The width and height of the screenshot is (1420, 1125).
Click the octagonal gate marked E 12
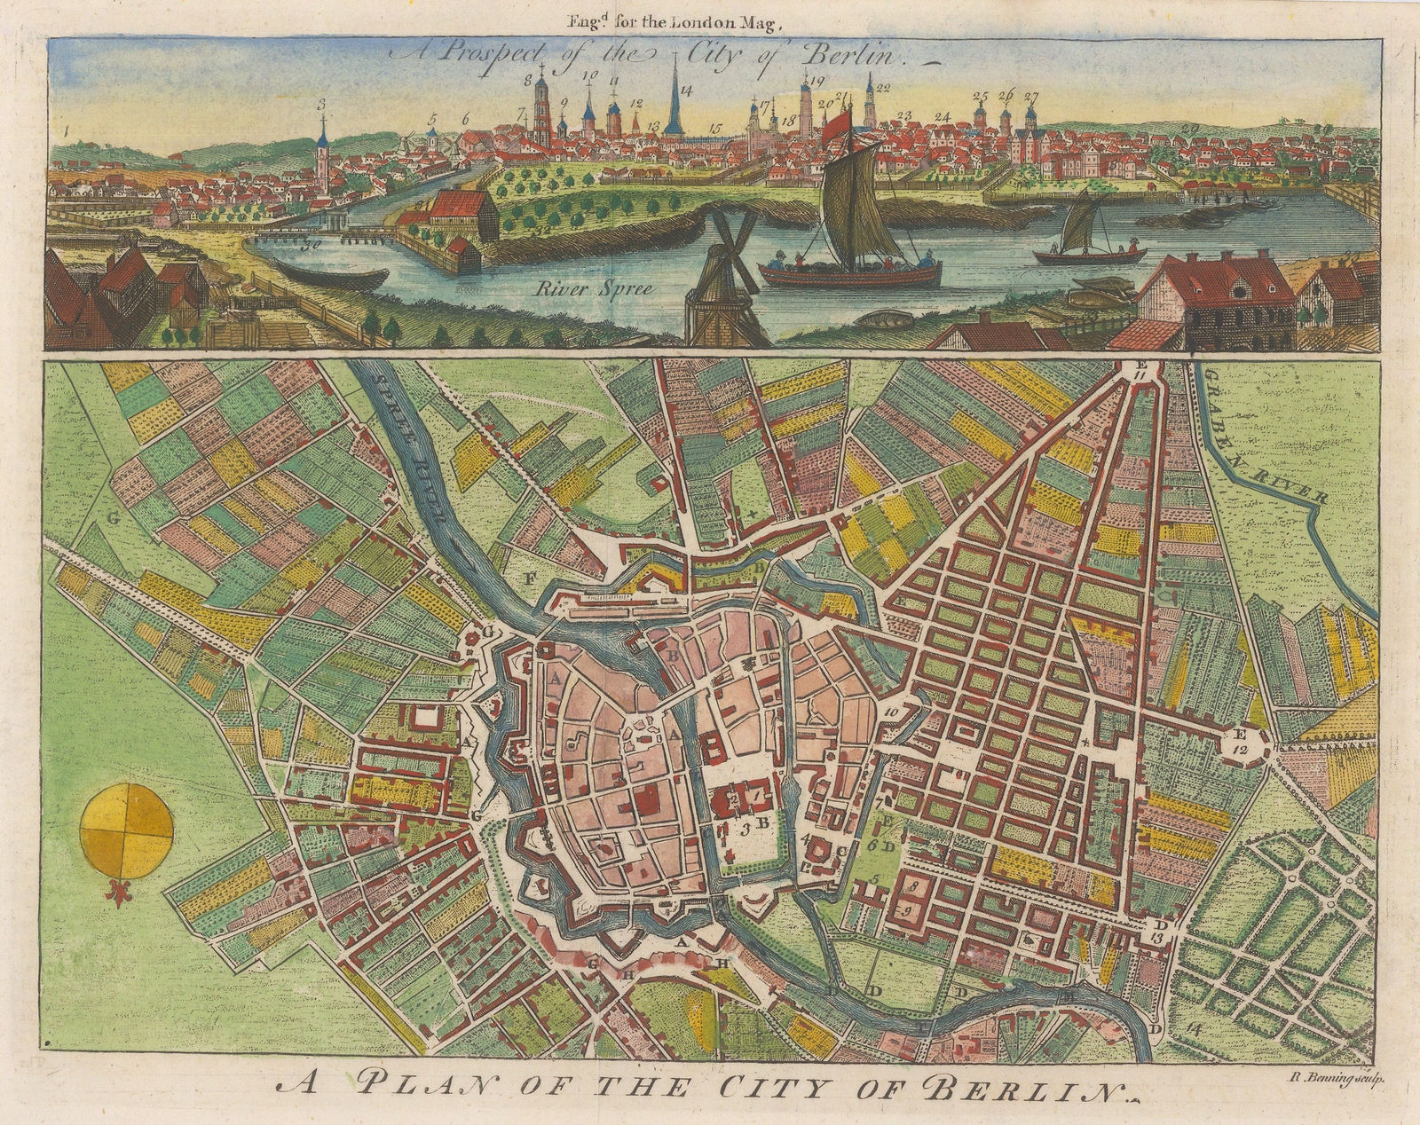click(x=1240, y=738)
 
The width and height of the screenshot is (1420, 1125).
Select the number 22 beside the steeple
click(x=882, y=88)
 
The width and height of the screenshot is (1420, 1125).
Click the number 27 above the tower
click(x=1030, y=96)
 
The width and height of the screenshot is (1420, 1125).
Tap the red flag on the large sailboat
click(x=839, y=126)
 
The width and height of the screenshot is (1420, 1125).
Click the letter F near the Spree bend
click(x=531, y=578)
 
